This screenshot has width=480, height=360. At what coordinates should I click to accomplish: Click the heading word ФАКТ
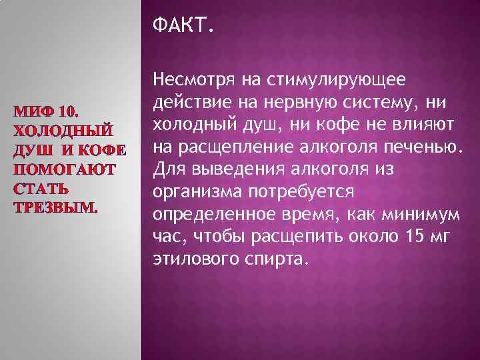tap(184, 27)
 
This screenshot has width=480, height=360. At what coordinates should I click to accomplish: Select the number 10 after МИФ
tap(69, 110)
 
